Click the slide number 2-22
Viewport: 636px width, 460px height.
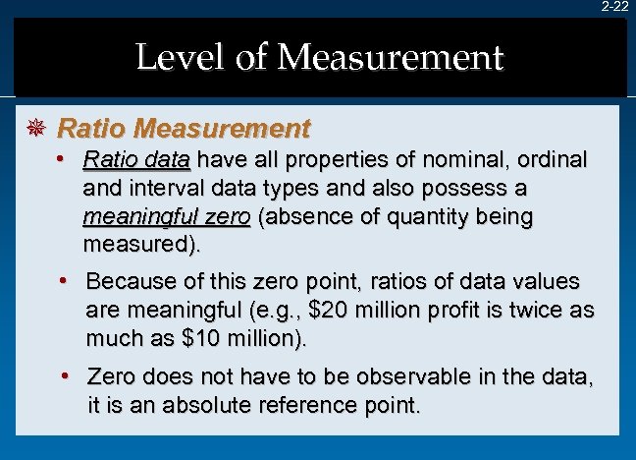point(615,7)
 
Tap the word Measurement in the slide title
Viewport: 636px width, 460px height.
point(391,57)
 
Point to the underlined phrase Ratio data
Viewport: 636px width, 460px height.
point(136,159)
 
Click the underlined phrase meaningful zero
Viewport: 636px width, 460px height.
point(167,215)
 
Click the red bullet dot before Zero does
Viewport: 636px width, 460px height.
point(64,375)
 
